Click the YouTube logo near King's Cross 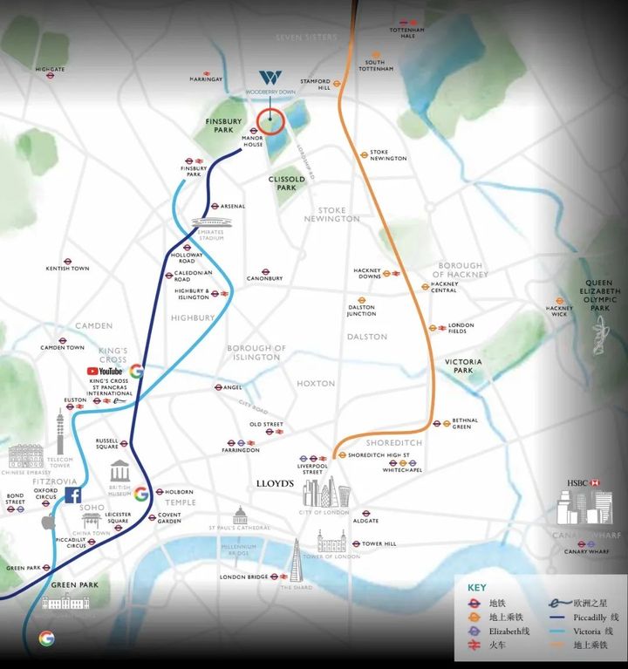point(104,371)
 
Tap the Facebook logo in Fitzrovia point(75,495)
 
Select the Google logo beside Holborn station point(140,494)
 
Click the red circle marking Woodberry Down point(270,123)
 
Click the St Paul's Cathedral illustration point(240,515)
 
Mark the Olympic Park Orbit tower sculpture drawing point(599,336)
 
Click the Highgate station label point(51,69)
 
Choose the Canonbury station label point(265,278)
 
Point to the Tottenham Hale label point(406,32)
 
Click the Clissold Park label point(287,183)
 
